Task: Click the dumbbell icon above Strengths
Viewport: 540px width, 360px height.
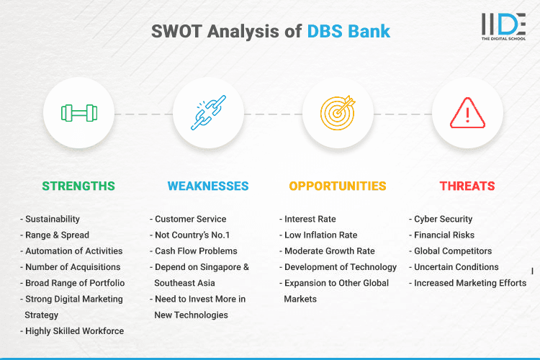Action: point(78,113)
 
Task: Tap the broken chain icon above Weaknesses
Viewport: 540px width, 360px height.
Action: point(208,113)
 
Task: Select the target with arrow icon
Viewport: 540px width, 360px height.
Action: point(338,113)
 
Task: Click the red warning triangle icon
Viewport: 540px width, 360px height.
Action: point(467,113)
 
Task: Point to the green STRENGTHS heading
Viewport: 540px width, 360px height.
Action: point(78,186)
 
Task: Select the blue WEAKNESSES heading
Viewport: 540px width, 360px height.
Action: point(208,186)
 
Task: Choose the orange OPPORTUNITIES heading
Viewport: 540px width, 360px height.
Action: point(338,186)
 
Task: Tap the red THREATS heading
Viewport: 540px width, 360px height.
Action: point(467,186)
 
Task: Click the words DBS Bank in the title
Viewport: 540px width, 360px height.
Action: point(349,32)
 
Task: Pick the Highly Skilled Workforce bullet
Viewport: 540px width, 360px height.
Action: point(74,330)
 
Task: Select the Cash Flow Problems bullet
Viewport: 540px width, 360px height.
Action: point(195,251)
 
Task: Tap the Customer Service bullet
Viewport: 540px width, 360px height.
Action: point(190,219)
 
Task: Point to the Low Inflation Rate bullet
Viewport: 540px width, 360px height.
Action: point(321,235)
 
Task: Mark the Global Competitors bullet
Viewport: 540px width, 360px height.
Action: point(452,251)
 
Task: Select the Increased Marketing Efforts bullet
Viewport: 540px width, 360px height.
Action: point(469,283)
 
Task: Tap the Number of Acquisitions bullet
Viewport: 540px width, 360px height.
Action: point(73,266)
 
